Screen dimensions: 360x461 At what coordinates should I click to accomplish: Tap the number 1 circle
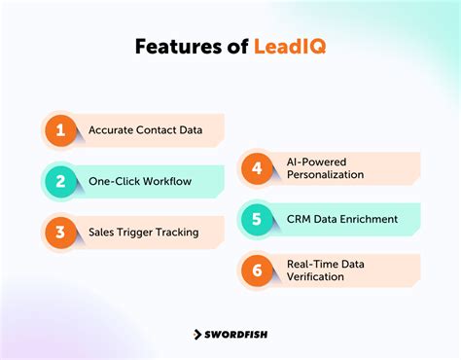coord(59,129)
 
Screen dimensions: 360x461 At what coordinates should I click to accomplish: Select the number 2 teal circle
coord(59,180)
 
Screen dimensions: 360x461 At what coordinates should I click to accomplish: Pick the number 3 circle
coord(59,232)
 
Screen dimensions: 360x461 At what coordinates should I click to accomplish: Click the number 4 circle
coord(256,167)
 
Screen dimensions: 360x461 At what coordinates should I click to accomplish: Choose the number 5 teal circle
coord(256,219)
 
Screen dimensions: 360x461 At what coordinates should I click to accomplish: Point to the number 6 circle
coord(256,270)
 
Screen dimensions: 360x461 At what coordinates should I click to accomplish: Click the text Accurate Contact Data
coord(145,129)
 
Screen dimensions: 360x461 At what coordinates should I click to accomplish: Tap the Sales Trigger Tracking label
coord(143,232)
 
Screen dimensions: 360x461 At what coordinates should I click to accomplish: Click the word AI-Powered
coord(314,162)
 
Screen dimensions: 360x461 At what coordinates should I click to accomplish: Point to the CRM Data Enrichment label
coord(341,219)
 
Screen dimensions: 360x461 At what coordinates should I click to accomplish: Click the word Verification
coord(316,276)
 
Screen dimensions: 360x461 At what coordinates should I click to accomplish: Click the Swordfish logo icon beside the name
coord(195,334)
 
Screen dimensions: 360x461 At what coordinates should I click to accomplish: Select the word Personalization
coord(325,174)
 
